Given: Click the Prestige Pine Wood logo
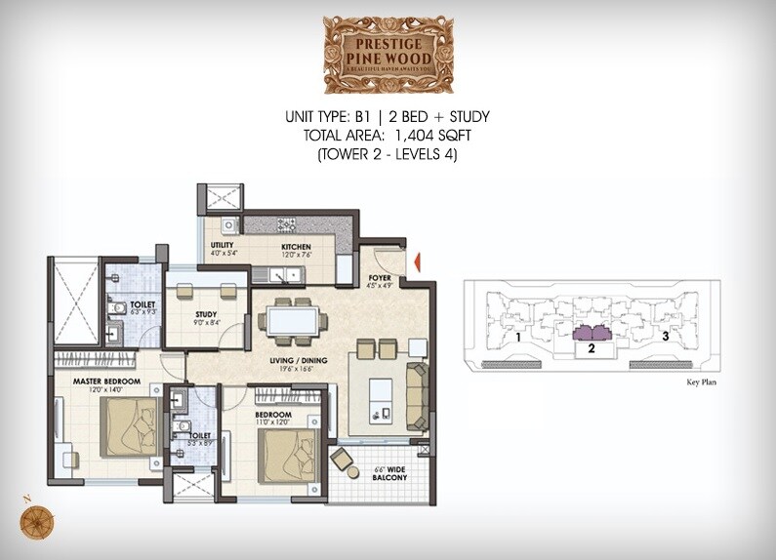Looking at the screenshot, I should (388, 54).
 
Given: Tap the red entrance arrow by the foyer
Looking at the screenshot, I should (416, 260).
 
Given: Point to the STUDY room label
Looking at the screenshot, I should (206, 314).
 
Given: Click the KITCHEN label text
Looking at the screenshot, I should (296, 248).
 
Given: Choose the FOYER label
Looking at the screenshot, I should (379, 277).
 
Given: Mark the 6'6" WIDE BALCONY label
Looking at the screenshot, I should (390, 473).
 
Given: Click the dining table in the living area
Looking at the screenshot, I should (292, 319).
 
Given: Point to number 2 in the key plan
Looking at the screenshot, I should (591, 346).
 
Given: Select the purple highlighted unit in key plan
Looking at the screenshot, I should (591, 333).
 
